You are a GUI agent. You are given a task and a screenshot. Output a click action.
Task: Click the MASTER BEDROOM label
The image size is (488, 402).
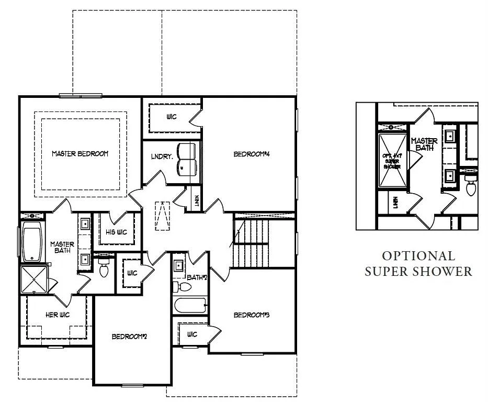tap(80, 154)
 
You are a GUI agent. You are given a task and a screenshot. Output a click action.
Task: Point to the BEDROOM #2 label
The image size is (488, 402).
tap(129, 337)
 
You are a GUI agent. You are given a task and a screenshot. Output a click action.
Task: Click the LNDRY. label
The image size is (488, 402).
tap(158, 157)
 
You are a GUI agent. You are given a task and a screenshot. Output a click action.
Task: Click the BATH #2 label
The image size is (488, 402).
tap(197, 277)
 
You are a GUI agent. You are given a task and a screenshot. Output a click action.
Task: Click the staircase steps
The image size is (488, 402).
tap(251, 243)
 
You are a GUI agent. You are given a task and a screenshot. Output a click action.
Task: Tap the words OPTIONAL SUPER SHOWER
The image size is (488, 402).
tap(418, 264)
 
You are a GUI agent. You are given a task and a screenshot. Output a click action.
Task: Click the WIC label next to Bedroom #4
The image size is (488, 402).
tap(172, 117)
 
